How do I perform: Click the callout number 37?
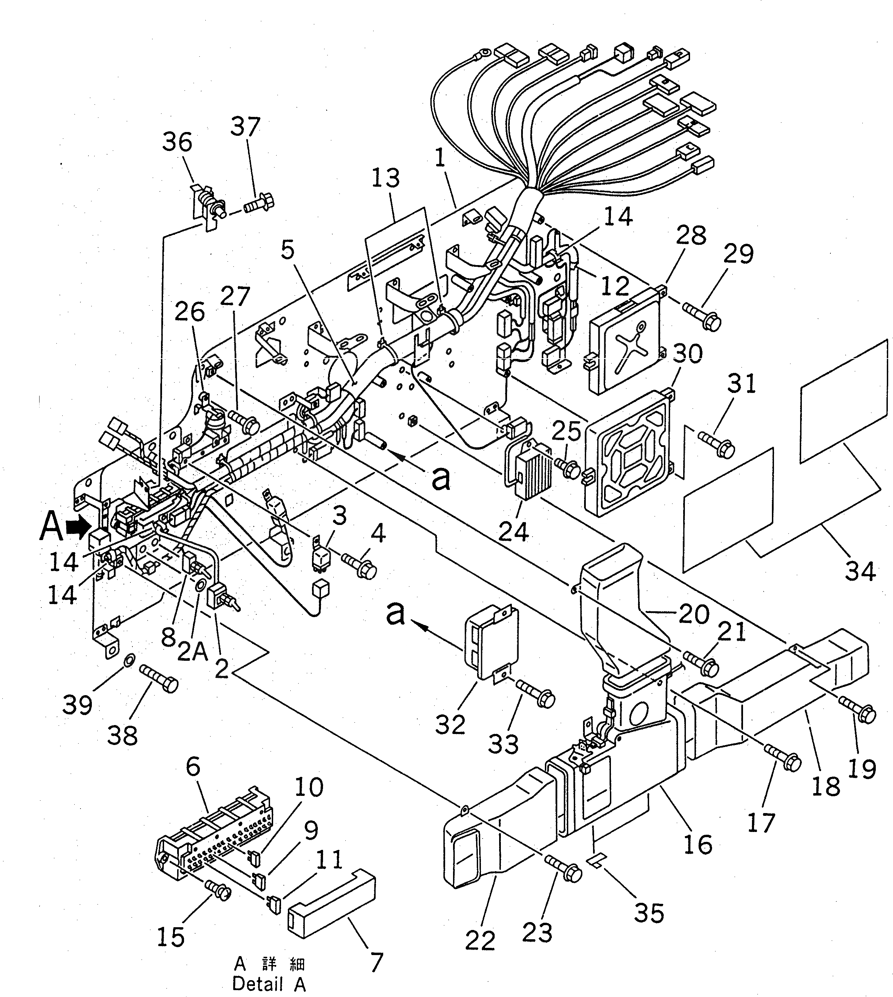pos(245,127)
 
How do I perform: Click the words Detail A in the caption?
pos(269,983)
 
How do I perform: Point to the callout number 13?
pos(385,178)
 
